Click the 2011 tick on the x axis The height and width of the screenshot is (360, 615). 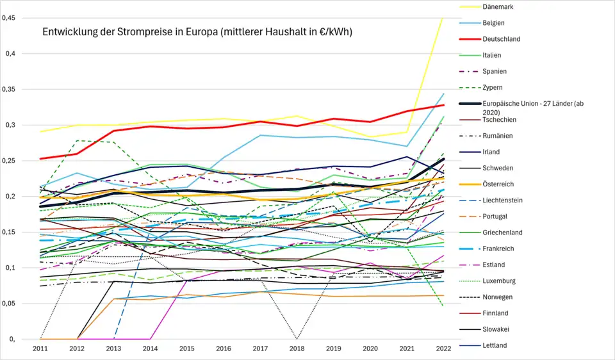point(40,348)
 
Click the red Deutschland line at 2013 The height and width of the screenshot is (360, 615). point(113,131)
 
